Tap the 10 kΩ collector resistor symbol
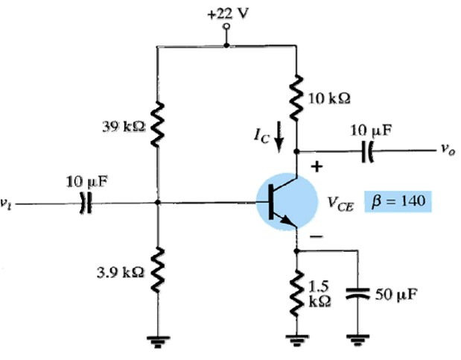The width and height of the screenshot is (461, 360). pos(298,98)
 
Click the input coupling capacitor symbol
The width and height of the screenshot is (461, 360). pos(84,203)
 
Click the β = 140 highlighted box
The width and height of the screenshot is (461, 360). pos(397,201)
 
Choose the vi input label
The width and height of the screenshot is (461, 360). pos(7,202)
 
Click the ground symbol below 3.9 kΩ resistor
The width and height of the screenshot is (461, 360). pos(157,341)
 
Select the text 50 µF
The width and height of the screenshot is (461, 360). pos(395,293)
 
